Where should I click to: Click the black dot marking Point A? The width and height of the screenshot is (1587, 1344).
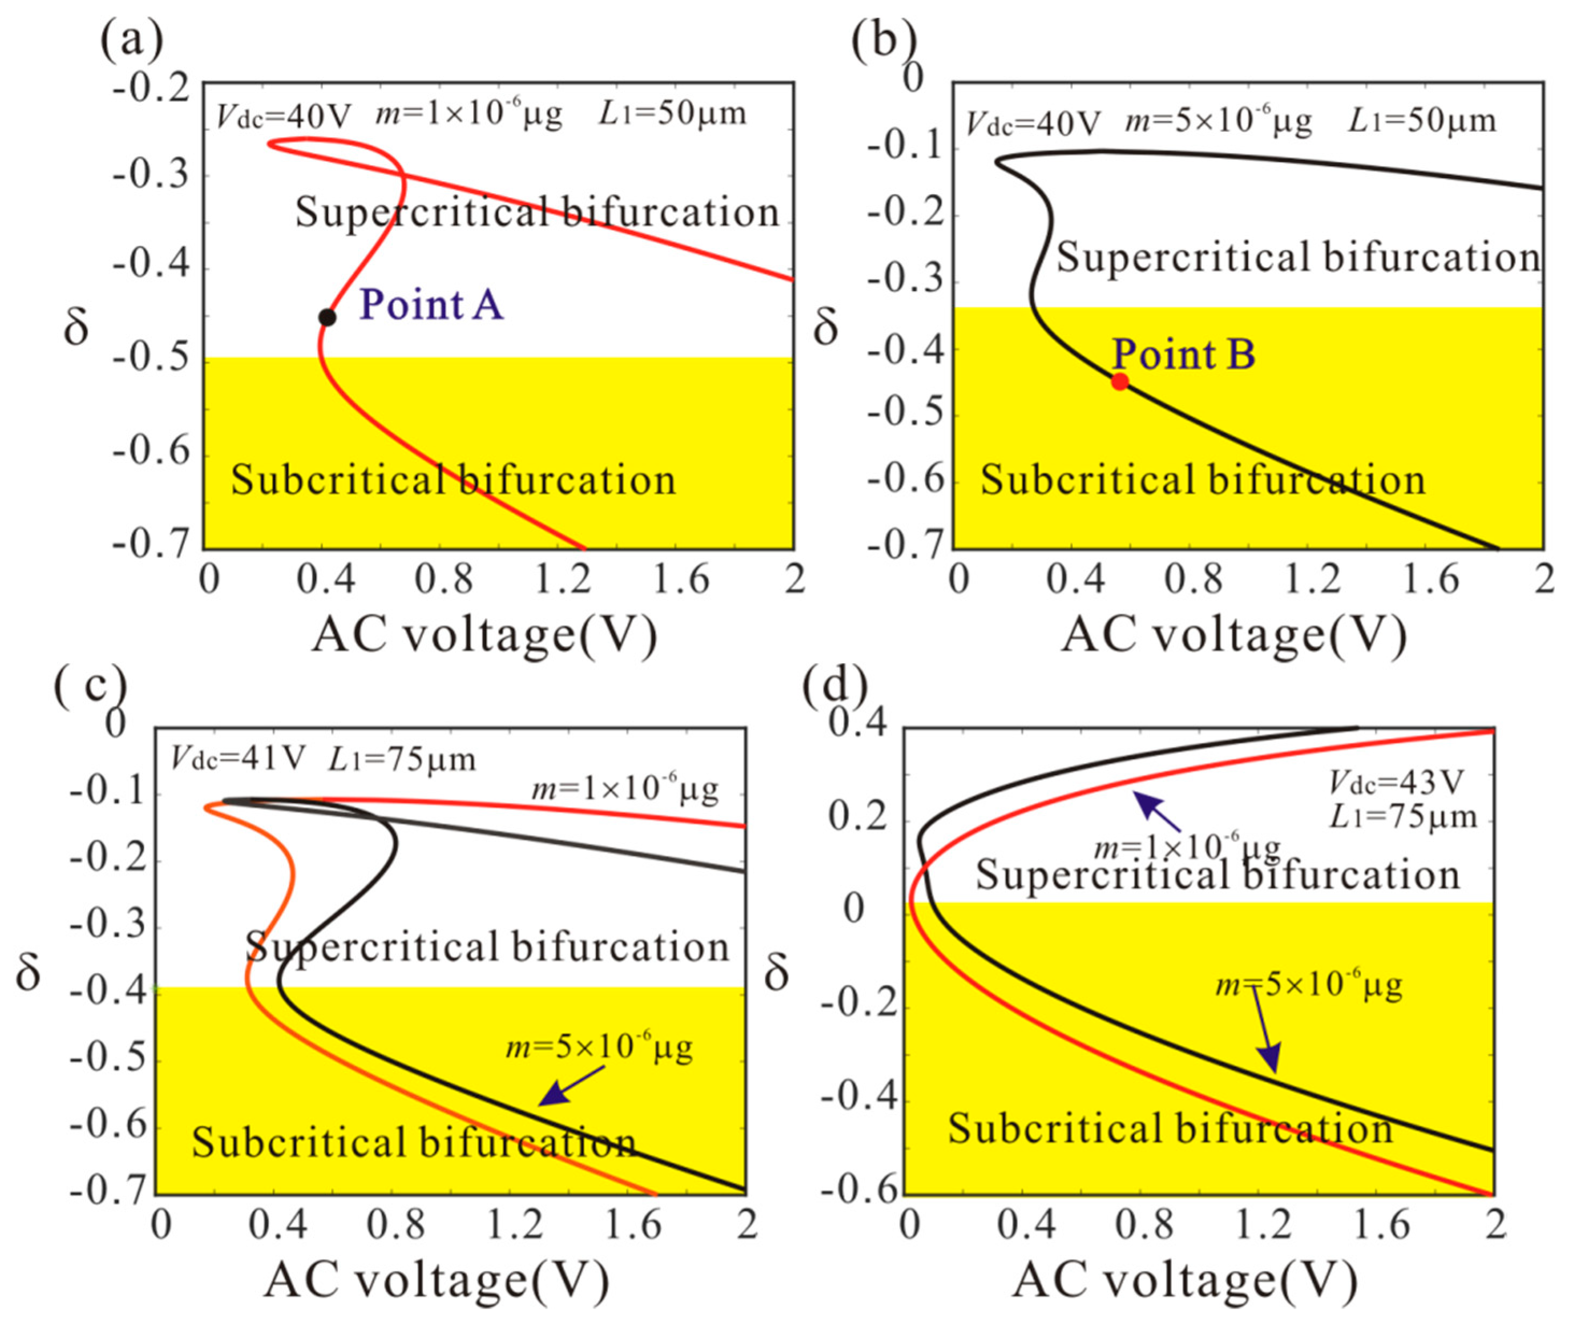[x=327, y=317]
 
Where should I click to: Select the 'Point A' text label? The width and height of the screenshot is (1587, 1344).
[x=431, y=305]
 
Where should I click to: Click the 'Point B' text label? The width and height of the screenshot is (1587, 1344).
[x=1183, y=354]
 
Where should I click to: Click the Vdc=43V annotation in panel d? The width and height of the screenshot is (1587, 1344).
[x=1396, y=782]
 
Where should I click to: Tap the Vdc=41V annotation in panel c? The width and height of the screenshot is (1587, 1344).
[x=238, y=758]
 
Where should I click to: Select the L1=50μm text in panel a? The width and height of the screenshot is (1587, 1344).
[x=672, y=114]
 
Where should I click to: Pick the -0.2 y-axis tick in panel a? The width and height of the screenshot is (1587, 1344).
[x=151, y=88]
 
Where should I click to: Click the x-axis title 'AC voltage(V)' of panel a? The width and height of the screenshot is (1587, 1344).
[x=485, y=634]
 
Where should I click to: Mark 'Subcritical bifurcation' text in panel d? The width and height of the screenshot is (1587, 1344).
[x=1170, y=1128]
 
